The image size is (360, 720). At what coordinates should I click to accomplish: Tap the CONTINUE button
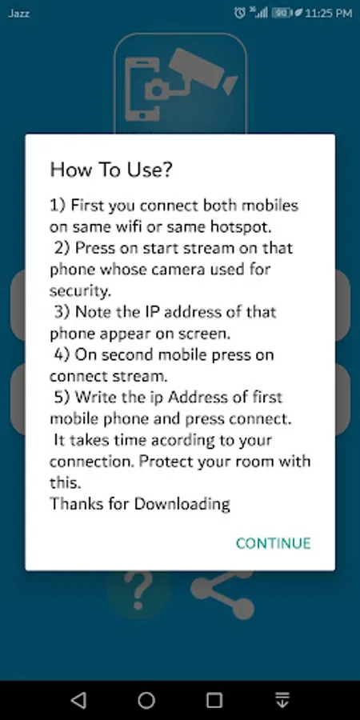click(274, 543)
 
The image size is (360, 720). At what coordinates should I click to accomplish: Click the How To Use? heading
click(110, 170)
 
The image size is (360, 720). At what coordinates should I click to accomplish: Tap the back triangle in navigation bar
click(78, 700)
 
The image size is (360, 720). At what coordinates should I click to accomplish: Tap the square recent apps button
click(214, 700)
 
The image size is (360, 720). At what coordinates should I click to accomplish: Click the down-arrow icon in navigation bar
click(282, 700)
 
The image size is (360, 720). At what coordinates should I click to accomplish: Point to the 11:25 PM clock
click(328, 14)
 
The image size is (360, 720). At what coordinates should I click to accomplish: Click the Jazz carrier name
click(19, 14)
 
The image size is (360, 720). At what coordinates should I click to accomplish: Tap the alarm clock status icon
click(239, 13)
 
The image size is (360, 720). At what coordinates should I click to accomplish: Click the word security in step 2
click(79, 290)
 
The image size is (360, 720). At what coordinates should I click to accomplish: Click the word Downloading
click(182, 504)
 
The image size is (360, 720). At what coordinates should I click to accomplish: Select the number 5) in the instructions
click(62, 397)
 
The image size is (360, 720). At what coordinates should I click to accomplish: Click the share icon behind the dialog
click(222, 594)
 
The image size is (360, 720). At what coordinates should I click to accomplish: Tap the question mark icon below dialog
click(138, 590)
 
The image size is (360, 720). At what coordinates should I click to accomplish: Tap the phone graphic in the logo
click(142, 90)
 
